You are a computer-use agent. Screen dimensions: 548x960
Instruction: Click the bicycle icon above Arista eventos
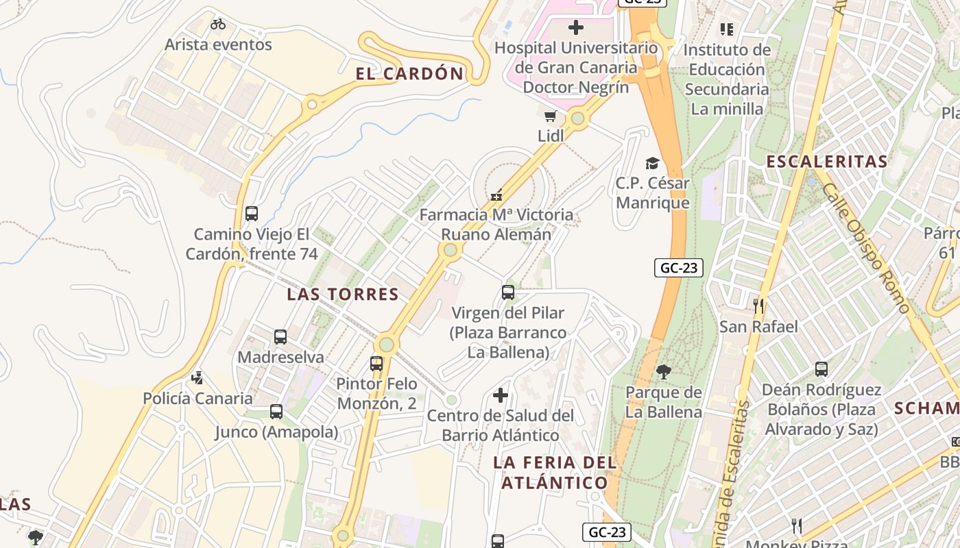pyautogui.click(x=218, y=24)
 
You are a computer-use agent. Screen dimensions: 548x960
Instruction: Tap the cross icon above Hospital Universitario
pyautogui.click(x=576, y=27)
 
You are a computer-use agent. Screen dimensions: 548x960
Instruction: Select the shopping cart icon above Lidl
pyautogui.click(x=550, y=116)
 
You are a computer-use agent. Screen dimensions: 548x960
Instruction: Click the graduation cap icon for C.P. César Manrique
pyautogui.click(x=651, y=163)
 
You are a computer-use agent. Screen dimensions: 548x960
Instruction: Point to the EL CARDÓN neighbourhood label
pyautogui.click(x=409, y=74)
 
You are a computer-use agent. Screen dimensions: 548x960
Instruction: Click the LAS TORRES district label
pyautogui.click(x=343, y=295)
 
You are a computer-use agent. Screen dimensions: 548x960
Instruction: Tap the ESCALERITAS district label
pyautogui.click(x=826, y=162)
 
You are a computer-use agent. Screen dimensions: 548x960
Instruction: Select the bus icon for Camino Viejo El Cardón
pyautogui.click(x=252, y=214)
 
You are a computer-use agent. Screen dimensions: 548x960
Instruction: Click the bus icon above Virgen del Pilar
pyautogui.click(x=508, y=292)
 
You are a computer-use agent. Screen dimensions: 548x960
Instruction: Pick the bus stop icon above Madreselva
pyautogui.click(x=280, y=337)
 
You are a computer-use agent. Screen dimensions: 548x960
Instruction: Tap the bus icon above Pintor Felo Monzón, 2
pyautogui.click(x=376, y=364)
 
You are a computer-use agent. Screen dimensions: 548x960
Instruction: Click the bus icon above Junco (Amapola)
pyautogui.click(x=276, y=412)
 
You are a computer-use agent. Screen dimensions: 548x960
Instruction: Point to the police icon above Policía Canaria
pyautogui.click(x=197, y=377)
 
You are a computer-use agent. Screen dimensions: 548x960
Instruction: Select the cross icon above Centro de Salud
pyautogui.click(x=501, y=395)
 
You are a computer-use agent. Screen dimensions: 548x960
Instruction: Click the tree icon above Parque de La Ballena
pyautogui.click(x=663, y=372)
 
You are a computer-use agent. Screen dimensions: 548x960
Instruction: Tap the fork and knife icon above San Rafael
pyautogui.click(x=758, y=306)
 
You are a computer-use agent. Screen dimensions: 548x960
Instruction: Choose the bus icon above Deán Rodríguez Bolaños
pyautogui.click(x=821, y=369)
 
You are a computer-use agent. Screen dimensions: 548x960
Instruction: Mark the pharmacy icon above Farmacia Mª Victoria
pyautogui.click(x=496, y=195)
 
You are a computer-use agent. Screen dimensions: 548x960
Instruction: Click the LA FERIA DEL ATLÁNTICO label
pyautogui.click(x=555, y=473)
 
